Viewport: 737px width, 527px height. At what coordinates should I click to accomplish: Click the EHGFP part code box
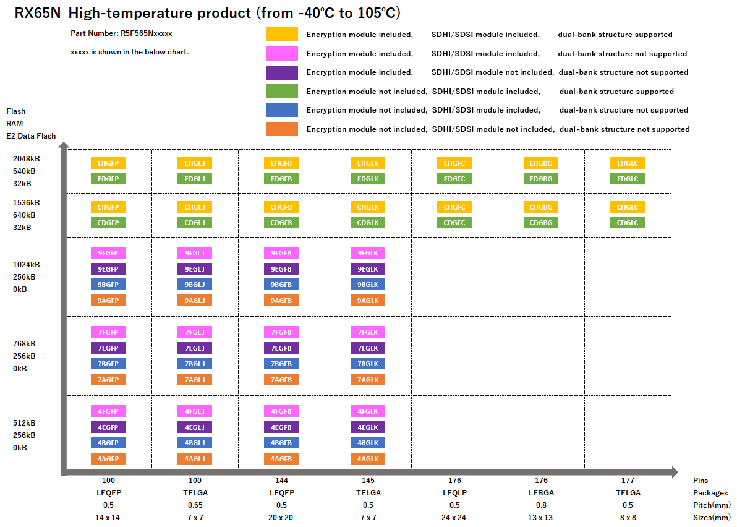pyautogui.click(x=108, y=163)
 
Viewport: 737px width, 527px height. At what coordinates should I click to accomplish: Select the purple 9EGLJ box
pyautogui.click(x=195, y=269)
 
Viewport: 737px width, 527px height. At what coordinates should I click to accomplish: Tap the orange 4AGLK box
pyautogui.click(x=368, y=458)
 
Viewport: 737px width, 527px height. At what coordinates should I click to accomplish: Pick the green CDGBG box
pyautogui.click(x=541, y=223)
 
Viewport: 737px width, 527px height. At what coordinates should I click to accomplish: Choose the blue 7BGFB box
pyautogui.click(x=281, y=364)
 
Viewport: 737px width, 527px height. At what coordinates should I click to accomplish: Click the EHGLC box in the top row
pyautogui.click(x=628, y=163)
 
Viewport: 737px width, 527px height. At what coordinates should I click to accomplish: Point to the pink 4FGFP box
pyautogui.click(x=108, y=411)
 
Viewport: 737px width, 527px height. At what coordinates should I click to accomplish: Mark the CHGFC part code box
pyautogui.click(x=454, y=207)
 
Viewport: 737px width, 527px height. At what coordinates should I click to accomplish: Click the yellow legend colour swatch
pyautogui.click(x=282, y=35)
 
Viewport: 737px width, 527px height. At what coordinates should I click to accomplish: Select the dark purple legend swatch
pyautogui.click(x=282, y=72)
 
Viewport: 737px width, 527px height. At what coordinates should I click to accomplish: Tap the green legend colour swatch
pyautogui.click(x=282, y=92)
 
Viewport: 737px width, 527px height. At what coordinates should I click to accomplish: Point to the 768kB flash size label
pyautogui.click(x=25, y=344)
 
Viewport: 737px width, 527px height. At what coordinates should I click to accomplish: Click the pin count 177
pyautogui.click(x=628, y=481)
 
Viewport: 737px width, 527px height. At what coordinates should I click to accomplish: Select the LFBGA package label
pyautogui.click(x=541, y=493)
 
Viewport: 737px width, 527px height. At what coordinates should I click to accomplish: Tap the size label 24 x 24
pyautogui.click(x=454, y=518)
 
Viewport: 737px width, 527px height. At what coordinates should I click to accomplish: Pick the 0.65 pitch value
pyautogui.click(x=195, y=505)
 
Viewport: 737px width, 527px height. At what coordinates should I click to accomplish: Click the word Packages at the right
pyautogui.click(x=710, y=493)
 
